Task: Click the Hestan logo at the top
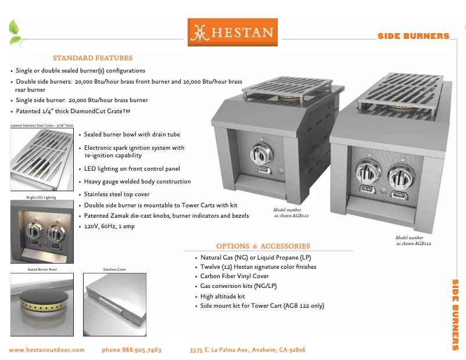[232, 33]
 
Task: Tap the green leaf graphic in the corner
[15, 33]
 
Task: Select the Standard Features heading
[93, 58]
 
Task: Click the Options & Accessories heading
[263, 246]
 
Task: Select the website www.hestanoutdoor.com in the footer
[47, 350]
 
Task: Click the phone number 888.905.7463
[131, 350]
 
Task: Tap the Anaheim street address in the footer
[248, 350]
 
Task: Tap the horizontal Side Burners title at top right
[413, 36]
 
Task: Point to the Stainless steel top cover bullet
[117, 195]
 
